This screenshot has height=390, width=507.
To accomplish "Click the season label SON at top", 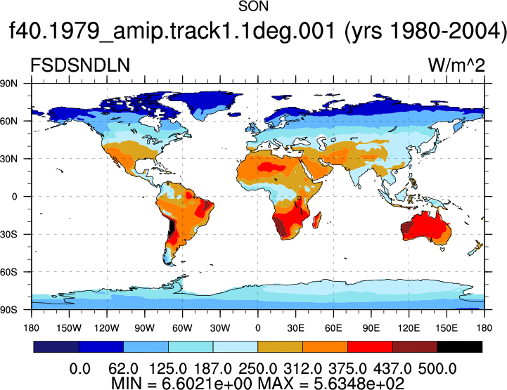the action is tap(253, 6).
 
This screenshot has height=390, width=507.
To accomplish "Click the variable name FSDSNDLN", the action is tap(80, 65).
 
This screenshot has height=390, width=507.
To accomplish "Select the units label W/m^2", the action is tap(456, 65).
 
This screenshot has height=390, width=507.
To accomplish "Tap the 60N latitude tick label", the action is tap(8, 122).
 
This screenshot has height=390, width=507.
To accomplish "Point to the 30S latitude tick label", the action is tap(8, 235).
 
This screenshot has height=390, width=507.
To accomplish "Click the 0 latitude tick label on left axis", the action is tap(15, 197).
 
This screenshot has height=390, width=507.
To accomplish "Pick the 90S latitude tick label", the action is tap(8, 310).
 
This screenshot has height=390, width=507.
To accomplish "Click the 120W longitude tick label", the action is tap(107, 328).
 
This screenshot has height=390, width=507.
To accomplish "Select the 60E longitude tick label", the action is tap(333, 328).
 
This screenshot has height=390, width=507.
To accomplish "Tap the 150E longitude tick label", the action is tap(447, 328).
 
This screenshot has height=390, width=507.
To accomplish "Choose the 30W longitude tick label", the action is tap(220, 328).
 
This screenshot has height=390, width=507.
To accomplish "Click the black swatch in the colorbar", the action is tap(459, 346).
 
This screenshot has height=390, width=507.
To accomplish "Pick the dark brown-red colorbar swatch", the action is tap(415, 346).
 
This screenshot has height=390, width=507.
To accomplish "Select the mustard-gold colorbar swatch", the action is tap(280, 346).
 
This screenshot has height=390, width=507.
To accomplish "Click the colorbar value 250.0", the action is tap(257, 369).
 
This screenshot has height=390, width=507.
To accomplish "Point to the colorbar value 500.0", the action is tap(437, 369).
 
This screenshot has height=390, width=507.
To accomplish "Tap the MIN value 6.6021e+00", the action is tap(207, 383).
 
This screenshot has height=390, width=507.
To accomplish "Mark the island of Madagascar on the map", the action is tap(317, 220).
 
